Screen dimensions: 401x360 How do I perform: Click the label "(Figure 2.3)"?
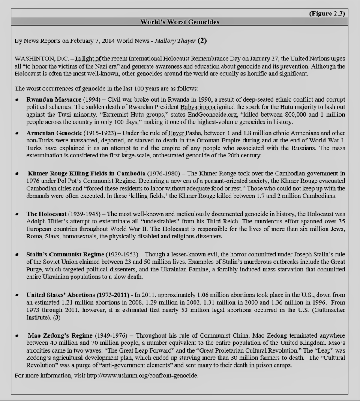point(327,13)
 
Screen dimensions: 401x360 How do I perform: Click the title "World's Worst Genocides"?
point(180,22)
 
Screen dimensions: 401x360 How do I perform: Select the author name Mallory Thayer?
point(175,41)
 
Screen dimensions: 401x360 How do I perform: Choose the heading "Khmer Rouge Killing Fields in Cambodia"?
point(86,174)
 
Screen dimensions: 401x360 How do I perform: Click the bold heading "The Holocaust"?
point(46,214)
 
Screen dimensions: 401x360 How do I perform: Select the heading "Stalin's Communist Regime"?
point(65,254)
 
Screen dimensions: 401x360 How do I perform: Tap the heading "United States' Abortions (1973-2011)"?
point(78,295)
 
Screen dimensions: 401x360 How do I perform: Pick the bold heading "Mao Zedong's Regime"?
point(60,335)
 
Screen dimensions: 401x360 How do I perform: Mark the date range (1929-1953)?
point(122,254)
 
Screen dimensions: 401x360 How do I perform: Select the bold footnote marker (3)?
point(57,317)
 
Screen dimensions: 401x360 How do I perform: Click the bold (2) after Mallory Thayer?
point(202,41)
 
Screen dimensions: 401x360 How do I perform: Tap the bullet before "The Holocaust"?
point(17,214)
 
